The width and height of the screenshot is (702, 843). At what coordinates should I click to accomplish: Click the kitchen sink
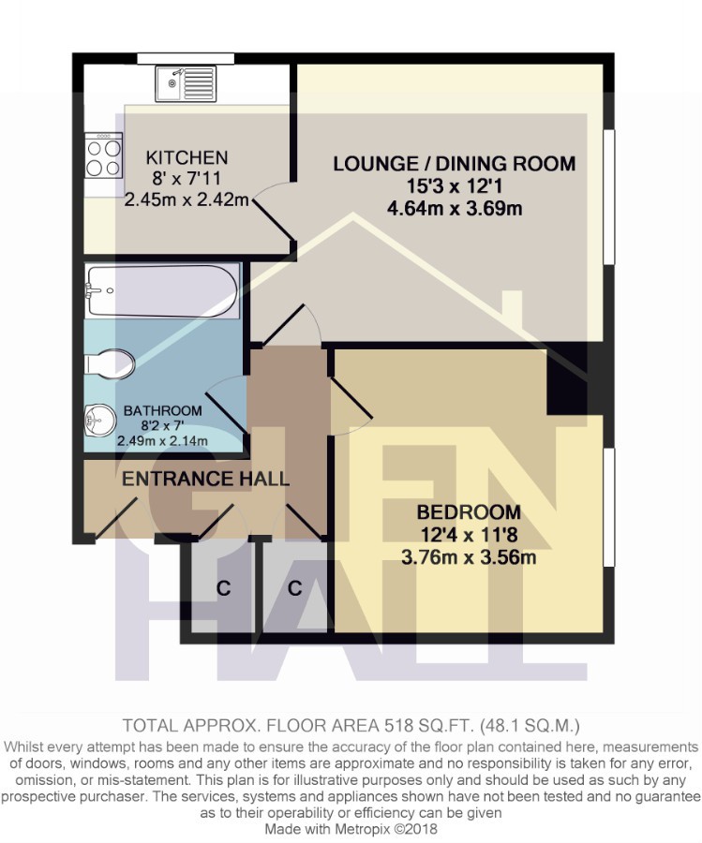[x=186, y=83]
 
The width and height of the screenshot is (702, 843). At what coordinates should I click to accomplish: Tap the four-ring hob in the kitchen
[x=103, y=155]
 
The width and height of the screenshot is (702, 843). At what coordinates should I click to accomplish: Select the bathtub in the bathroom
[x=162, y=290]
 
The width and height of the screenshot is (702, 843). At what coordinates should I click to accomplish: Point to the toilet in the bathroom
[x=110, y=364]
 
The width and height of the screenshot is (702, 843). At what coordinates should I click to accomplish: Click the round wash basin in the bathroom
[x=100, y=420]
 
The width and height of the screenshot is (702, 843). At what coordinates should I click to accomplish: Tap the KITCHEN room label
[x=187, y=157]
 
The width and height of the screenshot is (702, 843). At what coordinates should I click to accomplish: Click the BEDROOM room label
[x=469, y=511]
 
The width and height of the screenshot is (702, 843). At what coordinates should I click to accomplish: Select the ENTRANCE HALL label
[x=205, y=479]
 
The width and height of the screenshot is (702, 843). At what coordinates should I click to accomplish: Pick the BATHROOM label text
[x=162, y=411]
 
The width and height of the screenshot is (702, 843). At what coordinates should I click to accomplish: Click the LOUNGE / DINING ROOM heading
[x=454, y=163]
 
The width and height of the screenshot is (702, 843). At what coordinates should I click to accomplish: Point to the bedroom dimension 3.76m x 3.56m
[x=469, y=557]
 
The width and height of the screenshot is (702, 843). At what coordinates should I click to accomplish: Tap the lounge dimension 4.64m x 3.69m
[x=455, y=208]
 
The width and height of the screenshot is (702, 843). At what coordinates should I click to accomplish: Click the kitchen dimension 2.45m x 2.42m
[x=187, y=200]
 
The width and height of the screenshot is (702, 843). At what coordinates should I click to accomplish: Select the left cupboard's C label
[x=223, y=589]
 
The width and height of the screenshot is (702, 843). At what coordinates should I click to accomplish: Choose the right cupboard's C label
[x=295, y=589]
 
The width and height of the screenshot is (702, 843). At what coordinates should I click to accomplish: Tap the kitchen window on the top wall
[x=186, y=58]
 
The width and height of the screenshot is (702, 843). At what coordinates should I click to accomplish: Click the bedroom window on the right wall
[x=608, y=507]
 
